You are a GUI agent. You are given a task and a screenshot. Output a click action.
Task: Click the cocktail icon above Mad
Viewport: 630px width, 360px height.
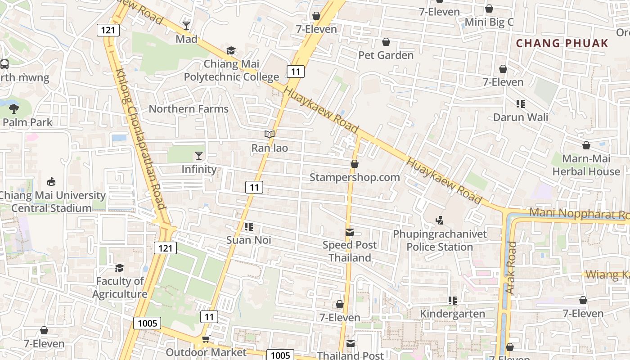tap(186, 25)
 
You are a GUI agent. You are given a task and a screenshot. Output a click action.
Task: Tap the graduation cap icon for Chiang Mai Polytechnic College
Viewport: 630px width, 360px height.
tap(231, 50)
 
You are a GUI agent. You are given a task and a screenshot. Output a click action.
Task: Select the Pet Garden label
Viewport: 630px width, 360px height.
tap(386, 55)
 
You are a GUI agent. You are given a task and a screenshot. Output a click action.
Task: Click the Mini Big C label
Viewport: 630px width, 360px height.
tap(489, 22)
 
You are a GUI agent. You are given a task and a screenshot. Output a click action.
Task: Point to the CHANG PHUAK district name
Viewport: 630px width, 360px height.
tap(562, 44)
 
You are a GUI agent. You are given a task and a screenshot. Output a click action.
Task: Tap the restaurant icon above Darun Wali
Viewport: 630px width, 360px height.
tap(521, 104)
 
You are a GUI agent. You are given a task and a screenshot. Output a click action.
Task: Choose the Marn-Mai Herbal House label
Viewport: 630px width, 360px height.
tap(586, 165)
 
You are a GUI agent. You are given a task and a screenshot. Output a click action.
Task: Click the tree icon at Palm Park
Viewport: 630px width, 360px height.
tap(14, 108)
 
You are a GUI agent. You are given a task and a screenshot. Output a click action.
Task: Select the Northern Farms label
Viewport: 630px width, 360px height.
tap(189, 109)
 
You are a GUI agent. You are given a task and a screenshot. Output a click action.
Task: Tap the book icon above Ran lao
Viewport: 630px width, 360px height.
tap(270, 134)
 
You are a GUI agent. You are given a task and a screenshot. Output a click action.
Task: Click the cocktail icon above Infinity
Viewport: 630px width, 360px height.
tap(199, 156)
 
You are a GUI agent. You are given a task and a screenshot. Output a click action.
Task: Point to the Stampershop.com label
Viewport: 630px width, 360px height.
tap(355, 177)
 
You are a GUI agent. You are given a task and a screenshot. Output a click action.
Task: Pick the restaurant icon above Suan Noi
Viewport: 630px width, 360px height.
tap(248, 227)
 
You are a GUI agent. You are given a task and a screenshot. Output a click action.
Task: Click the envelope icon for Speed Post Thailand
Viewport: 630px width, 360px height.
tap(350, 232)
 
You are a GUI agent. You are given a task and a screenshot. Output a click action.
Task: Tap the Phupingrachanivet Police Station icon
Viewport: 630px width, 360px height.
tap(440, 220)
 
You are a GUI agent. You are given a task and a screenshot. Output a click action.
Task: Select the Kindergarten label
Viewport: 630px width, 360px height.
tap(453, 314)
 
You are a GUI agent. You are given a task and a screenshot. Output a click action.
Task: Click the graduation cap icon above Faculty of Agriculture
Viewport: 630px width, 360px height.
tap(119, 268)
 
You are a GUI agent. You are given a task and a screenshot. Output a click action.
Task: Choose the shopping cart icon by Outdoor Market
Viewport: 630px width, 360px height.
tap(206, 338)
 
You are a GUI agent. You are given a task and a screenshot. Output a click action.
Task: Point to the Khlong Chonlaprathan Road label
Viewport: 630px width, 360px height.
tap(141, 139)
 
